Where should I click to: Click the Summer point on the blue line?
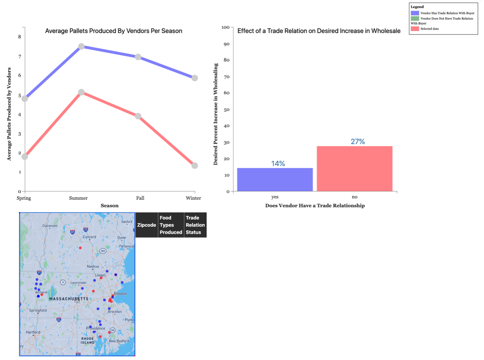[81, 46]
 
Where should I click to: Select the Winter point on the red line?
[194, 165]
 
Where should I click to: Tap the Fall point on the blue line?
[138, 57]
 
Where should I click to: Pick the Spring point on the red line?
[25, 157]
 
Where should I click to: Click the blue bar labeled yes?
[275, 180]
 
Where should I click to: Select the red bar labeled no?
[354, 169]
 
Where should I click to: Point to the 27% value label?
[357, 142]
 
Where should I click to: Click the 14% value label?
[278, 163]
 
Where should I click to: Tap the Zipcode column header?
[147, 225]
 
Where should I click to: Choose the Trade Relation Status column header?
[195, 225]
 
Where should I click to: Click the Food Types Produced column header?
[171, 225]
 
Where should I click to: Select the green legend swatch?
[415, 18]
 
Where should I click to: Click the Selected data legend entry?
[429, 29]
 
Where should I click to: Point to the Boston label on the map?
[120, 294]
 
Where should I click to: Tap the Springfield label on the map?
[38, 310]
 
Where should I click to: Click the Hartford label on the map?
[33, 332]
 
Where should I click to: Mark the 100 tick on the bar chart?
[226, 27]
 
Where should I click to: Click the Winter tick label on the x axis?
[193, 198]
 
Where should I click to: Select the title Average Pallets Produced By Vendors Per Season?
[114, 31]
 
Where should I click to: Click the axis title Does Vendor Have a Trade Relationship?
[315, 205]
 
